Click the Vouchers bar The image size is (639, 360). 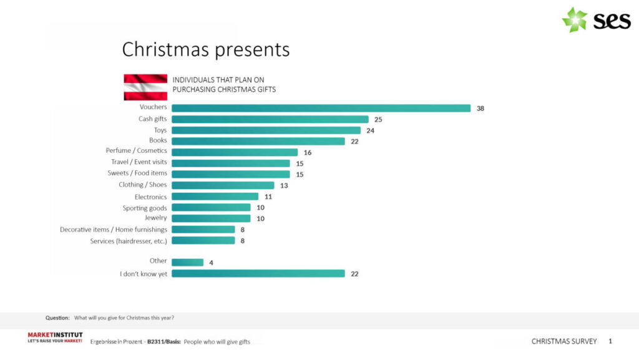321,108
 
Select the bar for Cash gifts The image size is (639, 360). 270,119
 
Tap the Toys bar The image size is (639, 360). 266,130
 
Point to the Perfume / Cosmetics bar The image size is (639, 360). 234,152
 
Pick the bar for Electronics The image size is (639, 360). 215,197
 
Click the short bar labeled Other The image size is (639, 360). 187,263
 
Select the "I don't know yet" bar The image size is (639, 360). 258,273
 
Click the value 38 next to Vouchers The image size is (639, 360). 480,109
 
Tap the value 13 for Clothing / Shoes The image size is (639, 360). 284,185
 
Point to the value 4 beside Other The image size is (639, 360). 212,263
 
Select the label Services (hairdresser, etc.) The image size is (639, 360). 129,241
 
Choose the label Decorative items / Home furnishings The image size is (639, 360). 114,230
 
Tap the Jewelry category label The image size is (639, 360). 156,218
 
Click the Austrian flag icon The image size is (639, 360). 145,87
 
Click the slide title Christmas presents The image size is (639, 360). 205,49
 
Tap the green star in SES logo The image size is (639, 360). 574,20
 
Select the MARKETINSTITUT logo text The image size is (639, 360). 55,335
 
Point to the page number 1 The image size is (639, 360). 610,341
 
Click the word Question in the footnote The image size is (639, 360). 57,318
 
